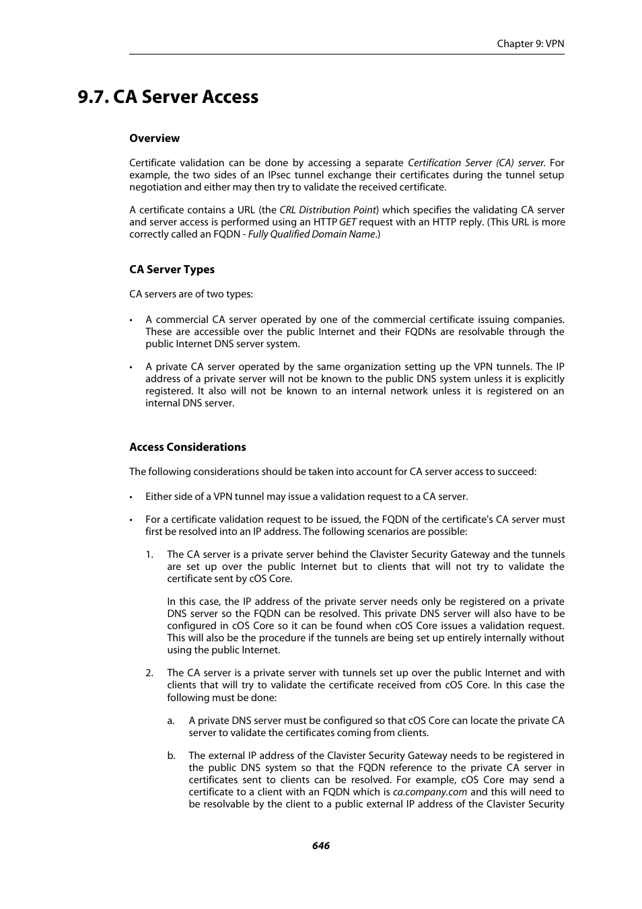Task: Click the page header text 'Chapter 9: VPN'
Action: coord(530,44)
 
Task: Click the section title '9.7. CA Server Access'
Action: coord(168,97)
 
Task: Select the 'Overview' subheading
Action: coord(154,139)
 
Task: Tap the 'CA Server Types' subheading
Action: coord(172,270)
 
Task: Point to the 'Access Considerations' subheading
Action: coord(187,447)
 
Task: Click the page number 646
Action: coord(321,846)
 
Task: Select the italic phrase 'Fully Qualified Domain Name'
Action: coord(311,234)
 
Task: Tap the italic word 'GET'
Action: coord(347,222)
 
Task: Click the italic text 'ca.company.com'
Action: coord(430,792)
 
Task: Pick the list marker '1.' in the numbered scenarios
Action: coord(149,554)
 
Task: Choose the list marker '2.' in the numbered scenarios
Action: coord(149,673)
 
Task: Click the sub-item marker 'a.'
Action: coord(171,721)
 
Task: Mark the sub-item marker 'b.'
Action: coord(171,756)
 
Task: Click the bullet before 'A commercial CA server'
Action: coord(131,320)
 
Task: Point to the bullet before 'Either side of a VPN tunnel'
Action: coord(131,497)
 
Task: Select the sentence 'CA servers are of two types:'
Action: coord(191,294)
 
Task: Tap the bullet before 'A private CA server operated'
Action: coord(131,367)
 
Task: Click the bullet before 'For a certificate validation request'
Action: coord(131,520)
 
